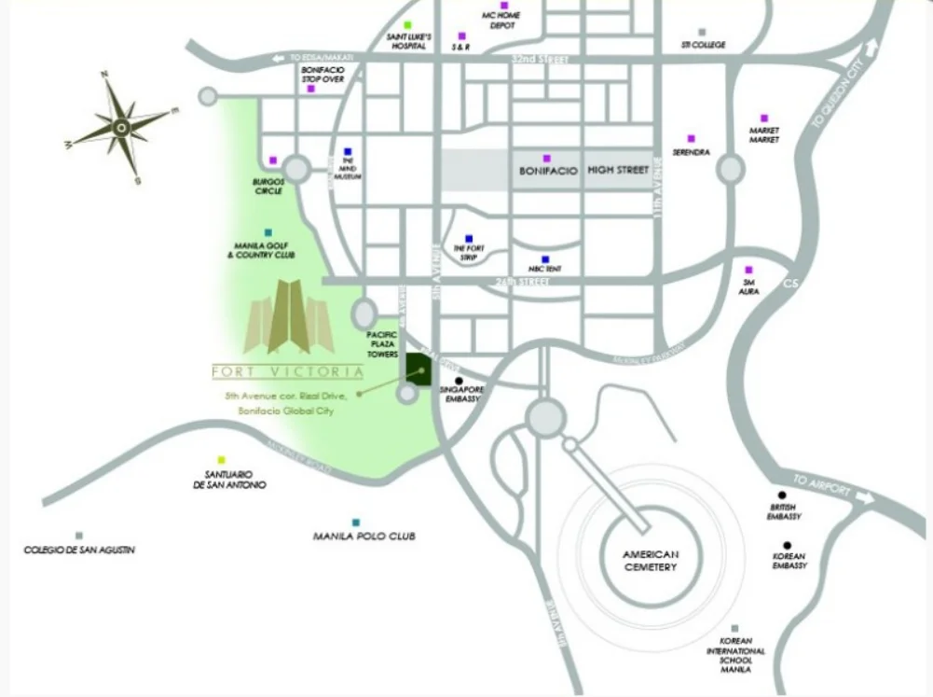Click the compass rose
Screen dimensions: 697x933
point(122,126)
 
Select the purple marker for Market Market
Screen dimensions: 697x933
point(764,118)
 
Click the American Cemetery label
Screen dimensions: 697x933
point(651,561)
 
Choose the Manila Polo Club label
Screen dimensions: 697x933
point(364,537)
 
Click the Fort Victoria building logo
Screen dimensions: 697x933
point(289,317)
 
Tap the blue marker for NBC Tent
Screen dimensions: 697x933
point(545,258)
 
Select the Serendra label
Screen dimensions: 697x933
point(692,151)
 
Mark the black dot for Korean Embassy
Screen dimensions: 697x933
point(788,546)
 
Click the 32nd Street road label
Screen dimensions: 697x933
point(539,58)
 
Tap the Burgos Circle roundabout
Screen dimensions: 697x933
point(296,170)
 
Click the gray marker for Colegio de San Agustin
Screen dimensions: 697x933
point(79,536)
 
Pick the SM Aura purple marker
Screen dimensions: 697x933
point(748,271)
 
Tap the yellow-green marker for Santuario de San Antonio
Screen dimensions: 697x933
point(221,459)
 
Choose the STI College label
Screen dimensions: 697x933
point(703,45)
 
